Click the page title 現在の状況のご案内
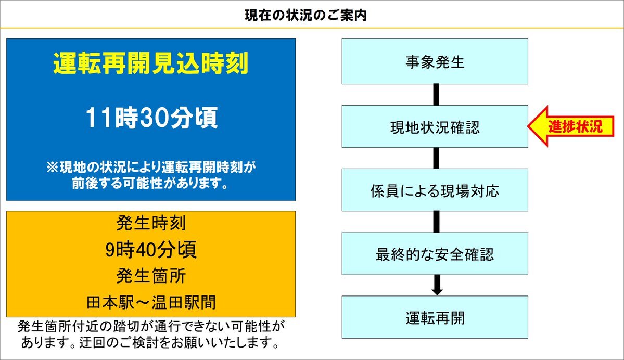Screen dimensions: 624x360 coord(305,16)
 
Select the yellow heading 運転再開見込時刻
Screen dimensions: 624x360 coord(151,63)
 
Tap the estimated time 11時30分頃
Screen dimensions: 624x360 coord(151,118)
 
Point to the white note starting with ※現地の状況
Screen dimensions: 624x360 coord(151,175)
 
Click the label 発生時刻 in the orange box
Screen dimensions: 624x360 coord(151,223)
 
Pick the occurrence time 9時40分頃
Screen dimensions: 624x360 coord(151,250)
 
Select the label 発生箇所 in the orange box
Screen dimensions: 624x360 coord(151,276)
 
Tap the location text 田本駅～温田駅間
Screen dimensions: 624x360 coord(151,302)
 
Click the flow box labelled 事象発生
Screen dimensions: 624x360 coord(435,61)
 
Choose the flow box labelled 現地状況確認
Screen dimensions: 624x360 coord(435,126)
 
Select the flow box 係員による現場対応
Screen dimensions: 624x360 coord(435,190)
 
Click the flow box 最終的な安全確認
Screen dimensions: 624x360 coord(435,254)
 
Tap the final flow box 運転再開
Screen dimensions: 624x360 coord(435,317)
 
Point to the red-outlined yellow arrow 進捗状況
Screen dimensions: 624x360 coord(571,126)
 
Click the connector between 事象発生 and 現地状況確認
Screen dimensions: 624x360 coord(436,95)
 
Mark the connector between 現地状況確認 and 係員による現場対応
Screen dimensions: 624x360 coord(436,158)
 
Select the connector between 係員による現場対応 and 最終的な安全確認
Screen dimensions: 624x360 coord(436,222)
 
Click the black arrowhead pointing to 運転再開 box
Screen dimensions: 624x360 coord(437,291)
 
